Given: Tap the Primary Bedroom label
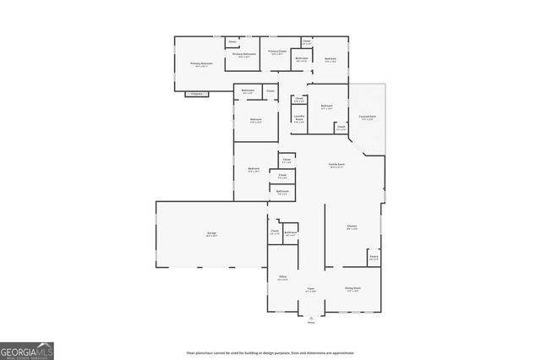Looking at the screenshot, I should pos(200,64).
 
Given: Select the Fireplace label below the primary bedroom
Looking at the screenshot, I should pos(196,93).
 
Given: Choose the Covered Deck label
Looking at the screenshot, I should pos(367,117).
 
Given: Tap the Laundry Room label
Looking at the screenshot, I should pos(298,118).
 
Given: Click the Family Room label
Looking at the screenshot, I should pos(336,166).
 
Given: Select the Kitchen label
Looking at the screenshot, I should pos(352,226).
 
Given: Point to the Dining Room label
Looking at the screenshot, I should pos(352,289).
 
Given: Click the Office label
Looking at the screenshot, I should pos(283,278).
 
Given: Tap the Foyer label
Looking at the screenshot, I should pos(310,289).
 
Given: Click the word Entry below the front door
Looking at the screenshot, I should pos(311,323).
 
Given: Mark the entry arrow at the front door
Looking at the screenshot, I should pos(311,316).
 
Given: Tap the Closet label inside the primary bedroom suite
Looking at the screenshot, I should pos(232,41).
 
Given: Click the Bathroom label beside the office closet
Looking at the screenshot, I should pos(290,233).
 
